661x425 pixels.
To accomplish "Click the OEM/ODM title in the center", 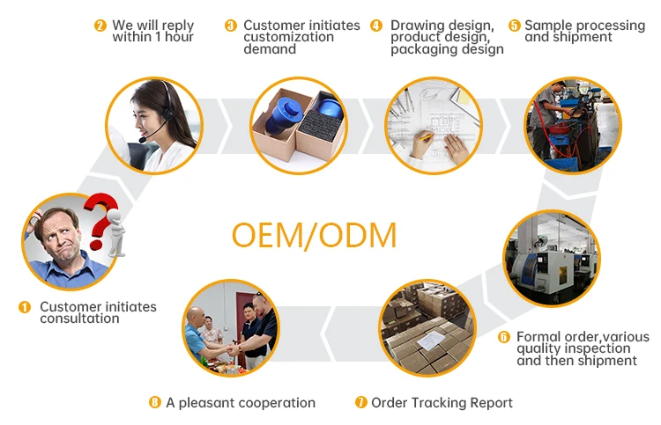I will (x=314, y=236).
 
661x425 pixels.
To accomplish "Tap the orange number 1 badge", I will (x=25, y=307).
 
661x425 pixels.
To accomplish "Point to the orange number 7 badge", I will (x=360, y=402).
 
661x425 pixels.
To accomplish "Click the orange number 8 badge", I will (x=155, y=402).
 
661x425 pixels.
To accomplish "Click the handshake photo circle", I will (x=230, y=328).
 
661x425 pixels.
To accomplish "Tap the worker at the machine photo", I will (x=571, y=124).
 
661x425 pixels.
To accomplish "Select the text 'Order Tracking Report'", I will (x=442, y=402).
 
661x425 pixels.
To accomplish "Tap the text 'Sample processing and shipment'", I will (x=584, y=31).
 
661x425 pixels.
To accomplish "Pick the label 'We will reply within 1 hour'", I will (x=152, y=31).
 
